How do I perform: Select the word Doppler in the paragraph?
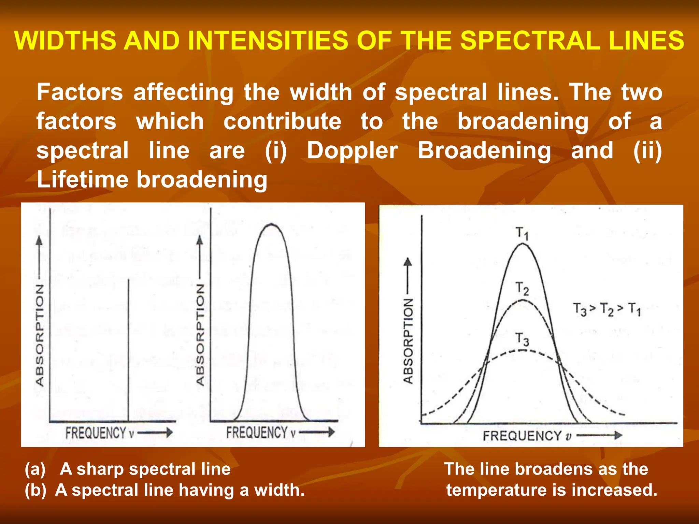[x=352, y=150]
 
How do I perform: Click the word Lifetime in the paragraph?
[x=82, y=179]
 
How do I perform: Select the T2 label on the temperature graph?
[x=522, y=289]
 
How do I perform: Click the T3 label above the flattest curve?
[x=522, y=339]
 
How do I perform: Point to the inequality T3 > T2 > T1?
[x=607, y=309]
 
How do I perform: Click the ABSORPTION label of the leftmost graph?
[x=40, y=335]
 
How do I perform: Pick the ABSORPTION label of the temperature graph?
[x=408, y=341]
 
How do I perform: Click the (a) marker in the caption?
[x=35, y=469]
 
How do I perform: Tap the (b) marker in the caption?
[x=35, y=490]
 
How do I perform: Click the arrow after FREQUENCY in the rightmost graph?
[x=599, y=435]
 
